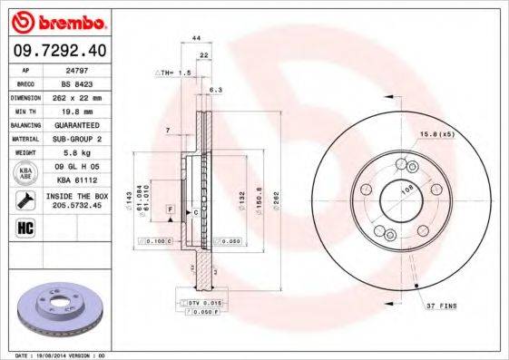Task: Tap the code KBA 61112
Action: (83, 180)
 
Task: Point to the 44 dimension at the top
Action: (196, 38)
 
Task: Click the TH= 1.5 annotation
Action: (173, 72)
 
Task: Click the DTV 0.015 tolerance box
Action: (205, 302)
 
